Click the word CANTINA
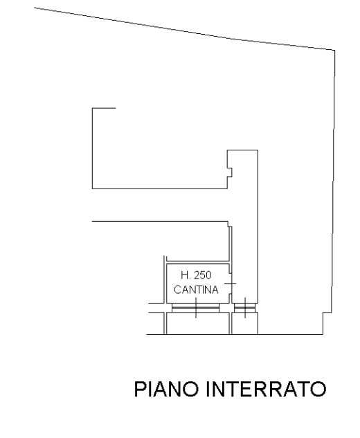pyautogui.click(x=196, y=290)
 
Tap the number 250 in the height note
pyautogui.click(x=203, y=275)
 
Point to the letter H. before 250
pyautogui.click(x=186, y=275)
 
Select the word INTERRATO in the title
pyautogui.click(x=267, y=389)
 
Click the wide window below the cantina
pyautogui.click(x=195, y=308)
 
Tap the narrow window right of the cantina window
pyautogui.click(x=245, y=308)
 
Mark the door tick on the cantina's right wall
pyautogui.click(x=231, y=284)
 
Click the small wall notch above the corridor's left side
pyautogui.click(x=230, y=173)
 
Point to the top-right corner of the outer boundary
pyautogui.click(x=335, y=51)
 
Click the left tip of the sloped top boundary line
pyautogui.click(x=35, y=8)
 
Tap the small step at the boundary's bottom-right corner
pyautogui.click(x=327, y=313)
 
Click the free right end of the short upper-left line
pyautogui.click(x=116, y=108)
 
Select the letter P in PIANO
pyautogui.click(x=139, y=389)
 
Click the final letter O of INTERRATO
pyautogui.click(x=318, y=389)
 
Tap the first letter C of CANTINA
pyautogui.click(x=177, y=290)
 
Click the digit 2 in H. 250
pyautogui.click(x=197, y=275)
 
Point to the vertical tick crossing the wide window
pyautogui.click(x=196, y=308)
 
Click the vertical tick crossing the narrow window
pyautogui.click(x=245, y=308)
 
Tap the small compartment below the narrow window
pyautogui.click(x=245, y=323)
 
